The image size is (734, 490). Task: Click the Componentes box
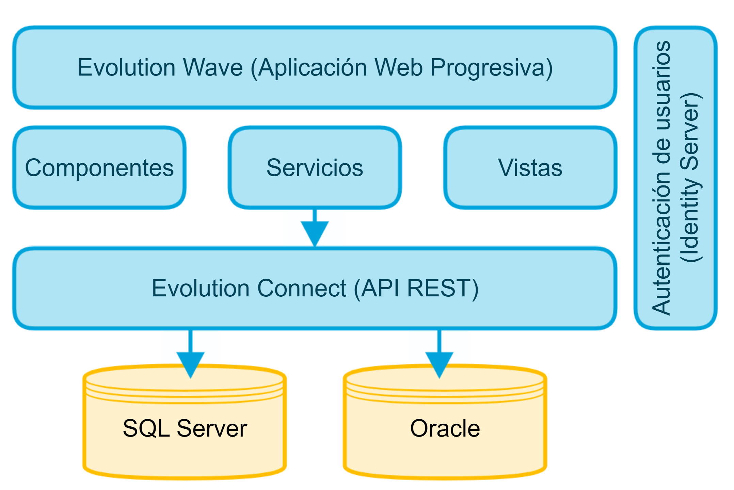pyautogui.click(x=99, y=167)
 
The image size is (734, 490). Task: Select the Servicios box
pyautogui.click(x=315, y=167)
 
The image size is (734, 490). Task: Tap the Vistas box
pyautogui.click(x=530, y=167)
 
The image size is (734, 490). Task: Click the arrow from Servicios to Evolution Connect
pyautogui.click(x=315, y=228)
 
